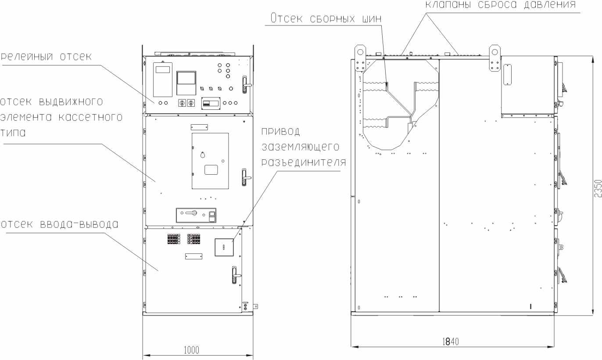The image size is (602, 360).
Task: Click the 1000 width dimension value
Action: point(191,350)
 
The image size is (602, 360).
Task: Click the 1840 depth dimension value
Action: point(451,342)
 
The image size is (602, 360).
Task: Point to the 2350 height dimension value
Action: point(598,188)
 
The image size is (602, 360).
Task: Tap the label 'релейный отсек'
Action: point(46,57)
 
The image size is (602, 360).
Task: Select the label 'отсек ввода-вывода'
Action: point(59,224)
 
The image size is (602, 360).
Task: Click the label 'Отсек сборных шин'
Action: point(326,18)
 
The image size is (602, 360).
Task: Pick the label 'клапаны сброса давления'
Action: point(500,4)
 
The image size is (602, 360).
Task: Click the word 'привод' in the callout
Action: point(281,131)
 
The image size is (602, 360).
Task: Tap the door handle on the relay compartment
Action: point(245,84)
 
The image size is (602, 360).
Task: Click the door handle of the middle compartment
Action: point(245,177)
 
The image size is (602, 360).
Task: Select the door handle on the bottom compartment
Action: point(235,275)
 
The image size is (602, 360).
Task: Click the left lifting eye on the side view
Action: point(360,58)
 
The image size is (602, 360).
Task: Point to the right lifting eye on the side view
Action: point(494,58)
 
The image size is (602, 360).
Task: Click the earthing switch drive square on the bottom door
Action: point(224,247)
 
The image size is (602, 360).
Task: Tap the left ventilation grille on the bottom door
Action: point(174,239)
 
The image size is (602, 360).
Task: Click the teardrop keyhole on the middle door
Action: point(203,155)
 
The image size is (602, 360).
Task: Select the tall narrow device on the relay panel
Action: point(163,79)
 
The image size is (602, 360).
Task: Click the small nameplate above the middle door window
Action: point(199,127)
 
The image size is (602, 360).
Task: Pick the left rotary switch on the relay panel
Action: point(182,103)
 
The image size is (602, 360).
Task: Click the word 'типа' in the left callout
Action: point(13,133)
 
